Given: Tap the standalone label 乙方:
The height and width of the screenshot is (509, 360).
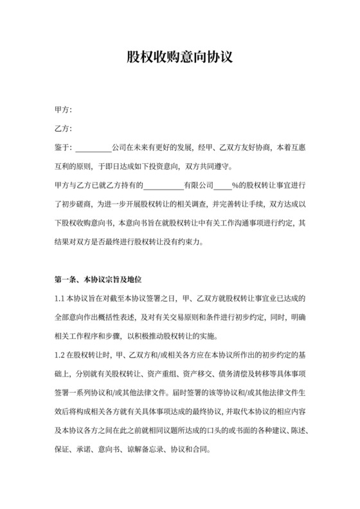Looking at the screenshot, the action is point(63,129).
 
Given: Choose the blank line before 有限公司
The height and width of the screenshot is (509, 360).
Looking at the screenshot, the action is point(163,186).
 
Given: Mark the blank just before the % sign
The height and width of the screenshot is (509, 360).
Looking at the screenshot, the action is point(222,186).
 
